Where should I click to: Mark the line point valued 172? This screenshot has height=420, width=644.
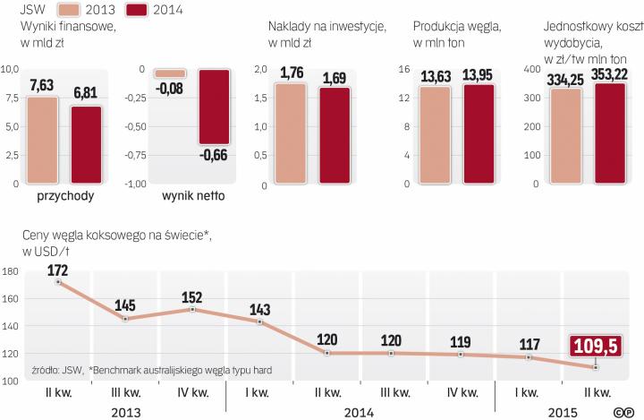click(58, 282)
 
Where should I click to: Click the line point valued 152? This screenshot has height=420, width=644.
click(194, 309)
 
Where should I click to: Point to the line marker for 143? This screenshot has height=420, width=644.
click(260, 321)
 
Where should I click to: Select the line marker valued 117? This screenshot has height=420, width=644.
click(530, 357)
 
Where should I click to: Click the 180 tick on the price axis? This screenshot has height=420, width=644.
click(11, 272)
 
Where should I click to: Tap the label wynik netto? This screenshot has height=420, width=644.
click(194, 195)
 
